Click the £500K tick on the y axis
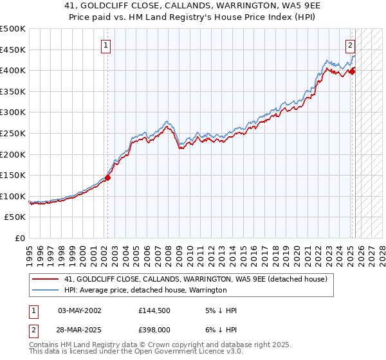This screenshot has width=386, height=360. click(x=14, y=29)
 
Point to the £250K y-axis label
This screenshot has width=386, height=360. click(x=14, y=133)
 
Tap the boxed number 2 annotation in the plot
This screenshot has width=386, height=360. click(x=350, y=46)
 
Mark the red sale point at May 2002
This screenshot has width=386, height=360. click(x=107, y=177)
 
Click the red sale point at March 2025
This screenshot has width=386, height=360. click(x=352, y=71)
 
